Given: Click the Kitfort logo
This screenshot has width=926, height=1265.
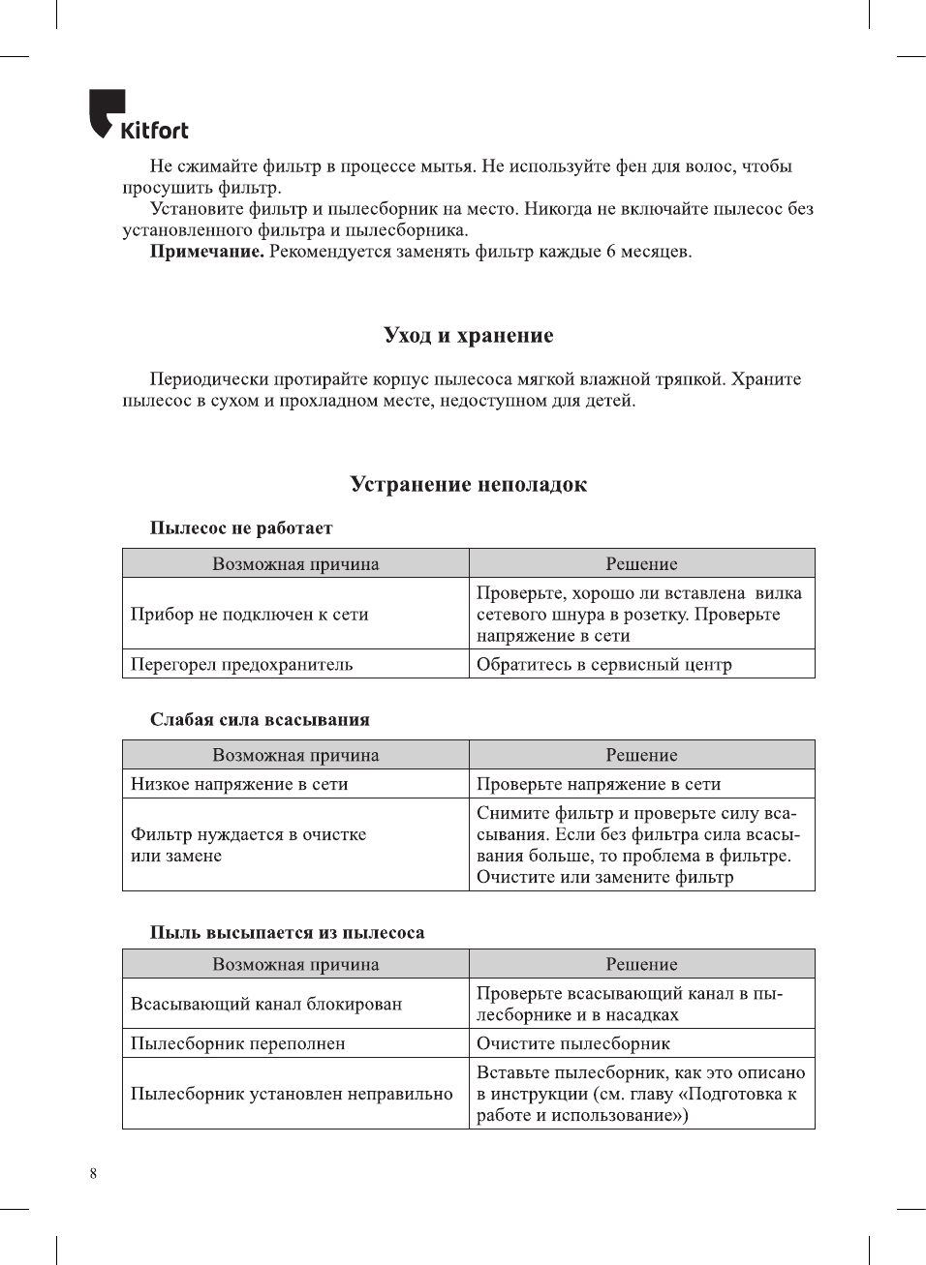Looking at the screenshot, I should [138, 116].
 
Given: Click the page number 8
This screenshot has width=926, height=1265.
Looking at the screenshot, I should [93, 1174].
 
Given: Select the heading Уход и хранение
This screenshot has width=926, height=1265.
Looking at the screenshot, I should [468, 336].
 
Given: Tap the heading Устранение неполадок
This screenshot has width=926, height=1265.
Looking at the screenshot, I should [468, 485].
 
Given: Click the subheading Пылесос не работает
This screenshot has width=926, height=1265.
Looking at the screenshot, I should [241, 528].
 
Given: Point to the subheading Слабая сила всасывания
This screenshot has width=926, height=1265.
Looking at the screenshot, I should [260, 720].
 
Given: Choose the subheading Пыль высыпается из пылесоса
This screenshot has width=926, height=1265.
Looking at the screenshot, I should [287, 933].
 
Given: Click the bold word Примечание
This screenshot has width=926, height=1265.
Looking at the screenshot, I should [206, 252].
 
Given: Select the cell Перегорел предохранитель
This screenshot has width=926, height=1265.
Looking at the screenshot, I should [242, 665].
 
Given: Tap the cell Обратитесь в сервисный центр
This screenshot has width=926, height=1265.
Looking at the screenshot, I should [604, 665].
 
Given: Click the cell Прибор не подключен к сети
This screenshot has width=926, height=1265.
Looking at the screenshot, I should [250, 615].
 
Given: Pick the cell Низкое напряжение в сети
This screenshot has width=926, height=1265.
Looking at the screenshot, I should [239, 784].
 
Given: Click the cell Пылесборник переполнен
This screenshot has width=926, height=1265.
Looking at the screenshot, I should [238, 1043].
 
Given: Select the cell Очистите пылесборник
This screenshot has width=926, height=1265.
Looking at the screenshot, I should [573, 1043].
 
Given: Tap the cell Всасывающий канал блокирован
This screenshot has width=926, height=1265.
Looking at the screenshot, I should [266, 1004].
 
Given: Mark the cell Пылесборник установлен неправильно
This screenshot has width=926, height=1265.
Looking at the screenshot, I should [292, 1094].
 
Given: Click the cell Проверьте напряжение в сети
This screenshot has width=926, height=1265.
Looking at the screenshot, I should [599, 784].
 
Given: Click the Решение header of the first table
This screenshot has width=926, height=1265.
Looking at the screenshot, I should [641, 564].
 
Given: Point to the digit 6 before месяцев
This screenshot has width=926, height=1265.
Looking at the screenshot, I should [611, 252].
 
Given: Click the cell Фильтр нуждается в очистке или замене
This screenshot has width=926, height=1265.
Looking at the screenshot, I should [249, 845].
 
